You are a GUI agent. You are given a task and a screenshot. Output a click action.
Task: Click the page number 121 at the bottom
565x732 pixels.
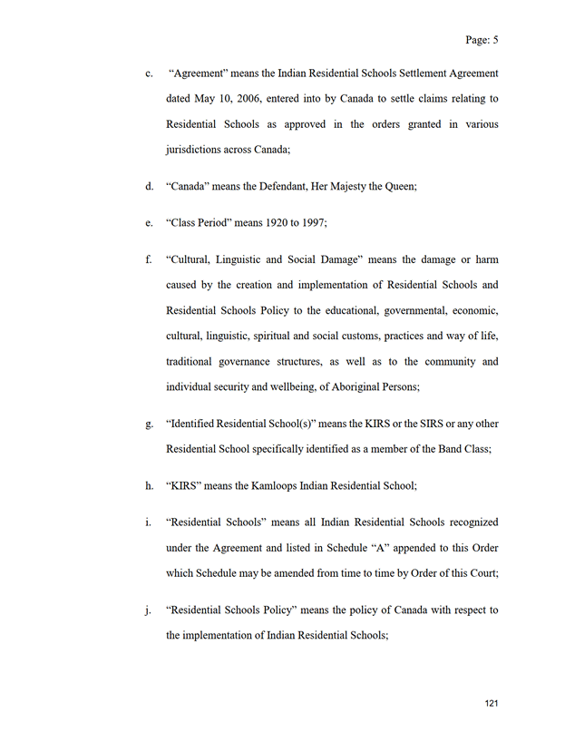pos(492,703)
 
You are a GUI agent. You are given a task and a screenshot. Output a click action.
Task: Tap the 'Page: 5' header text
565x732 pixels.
pos(482,40)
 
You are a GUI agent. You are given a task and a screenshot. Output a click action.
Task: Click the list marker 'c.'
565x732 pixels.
pos(149,73)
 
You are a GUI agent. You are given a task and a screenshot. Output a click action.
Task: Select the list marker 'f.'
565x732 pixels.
pos(148,259)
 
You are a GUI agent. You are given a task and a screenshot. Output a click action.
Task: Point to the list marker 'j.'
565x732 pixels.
pos(148,610)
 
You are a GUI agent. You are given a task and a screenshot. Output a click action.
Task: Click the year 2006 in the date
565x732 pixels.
pos(247,98)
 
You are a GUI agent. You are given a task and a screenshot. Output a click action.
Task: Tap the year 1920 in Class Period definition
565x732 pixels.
pos(270,222)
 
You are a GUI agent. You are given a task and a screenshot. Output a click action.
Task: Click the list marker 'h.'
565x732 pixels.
pos(149,485)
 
